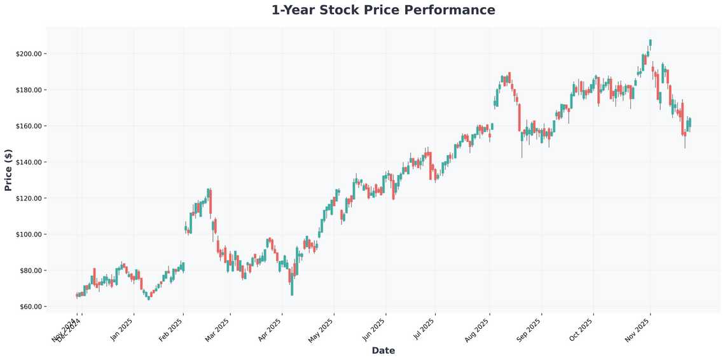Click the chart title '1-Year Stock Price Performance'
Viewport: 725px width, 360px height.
coord(383,10)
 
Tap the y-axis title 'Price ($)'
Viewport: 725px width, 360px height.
coord(8,170)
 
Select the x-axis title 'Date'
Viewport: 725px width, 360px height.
coord(383,350)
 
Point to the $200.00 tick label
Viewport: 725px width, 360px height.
coord(29,53)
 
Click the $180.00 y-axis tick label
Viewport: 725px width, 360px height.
coord(29,90)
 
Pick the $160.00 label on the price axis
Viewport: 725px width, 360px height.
coord(29,126)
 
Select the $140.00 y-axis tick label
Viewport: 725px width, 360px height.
coord(29,162)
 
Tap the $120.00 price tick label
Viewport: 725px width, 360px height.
coord(29,198)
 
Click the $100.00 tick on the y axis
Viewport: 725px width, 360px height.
coord(29,235)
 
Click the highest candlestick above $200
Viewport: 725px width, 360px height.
coord(650,43)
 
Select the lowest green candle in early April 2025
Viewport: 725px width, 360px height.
coord(292,286)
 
